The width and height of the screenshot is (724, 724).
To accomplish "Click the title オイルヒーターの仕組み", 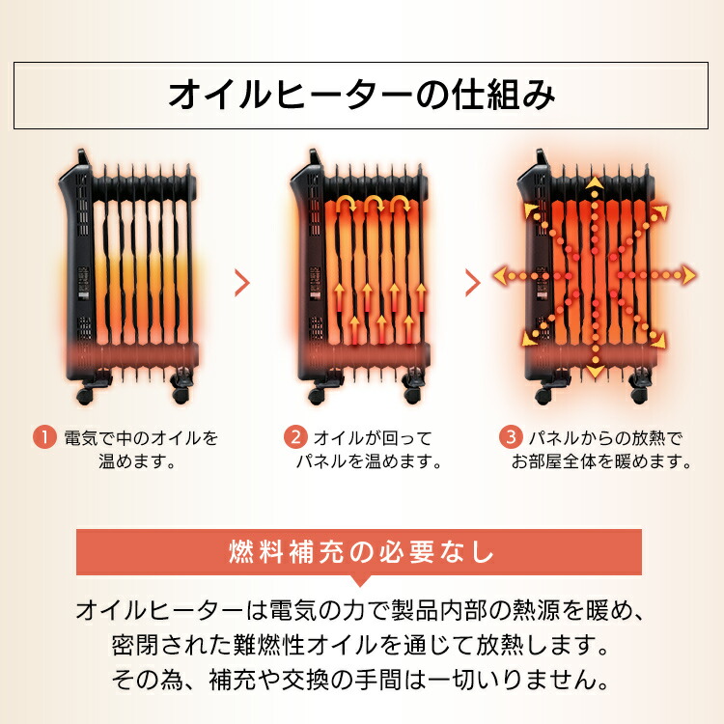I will (x=361, y=95).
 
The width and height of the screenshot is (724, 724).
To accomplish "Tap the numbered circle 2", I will (x=295, y=438).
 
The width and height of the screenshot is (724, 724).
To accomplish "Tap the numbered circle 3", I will (x=510, y=438).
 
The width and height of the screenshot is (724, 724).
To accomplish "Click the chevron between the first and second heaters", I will (x=242, y=283).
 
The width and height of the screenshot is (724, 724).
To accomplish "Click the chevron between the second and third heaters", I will (x=473, y=283).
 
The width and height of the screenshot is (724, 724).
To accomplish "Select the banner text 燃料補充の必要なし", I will (x=361, y=554).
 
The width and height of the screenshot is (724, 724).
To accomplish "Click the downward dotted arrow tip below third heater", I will (x=595, y=370).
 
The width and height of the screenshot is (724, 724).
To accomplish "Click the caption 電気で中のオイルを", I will (x=141, y=438).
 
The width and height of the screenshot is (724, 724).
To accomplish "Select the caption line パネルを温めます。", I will (x=369, y=461).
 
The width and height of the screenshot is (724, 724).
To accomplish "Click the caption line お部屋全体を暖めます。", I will (x=602, y=461).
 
